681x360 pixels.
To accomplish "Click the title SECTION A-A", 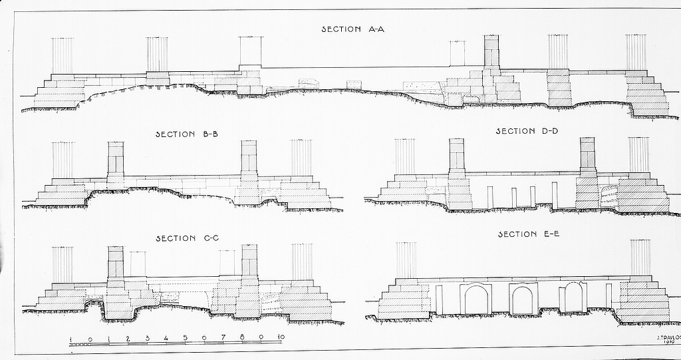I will click(348, 29).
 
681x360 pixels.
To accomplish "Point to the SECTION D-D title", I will click(527, 131).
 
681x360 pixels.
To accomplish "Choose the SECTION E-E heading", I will click(527, 234).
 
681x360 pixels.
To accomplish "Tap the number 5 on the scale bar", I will click(185, 337).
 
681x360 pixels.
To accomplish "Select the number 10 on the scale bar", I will click(281, 337).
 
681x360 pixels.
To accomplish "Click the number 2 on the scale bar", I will click(128, 338).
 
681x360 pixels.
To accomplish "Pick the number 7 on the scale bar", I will click(223, 337).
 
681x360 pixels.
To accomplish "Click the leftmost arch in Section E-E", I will click(476, 299).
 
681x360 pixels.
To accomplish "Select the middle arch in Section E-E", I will click(523, 299).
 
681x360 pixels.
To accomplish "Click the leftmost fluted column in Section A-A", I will click(63, 56).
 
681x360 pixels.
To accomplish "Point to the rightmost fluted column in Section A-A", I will click(636, 53).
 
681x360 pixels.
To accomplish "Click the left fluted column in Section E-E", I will click(406, 260).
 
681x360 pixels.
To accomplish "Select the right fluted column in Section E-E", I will click(640, 258).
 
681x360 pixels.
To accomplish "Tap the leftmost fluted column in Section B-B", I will click(63, 160).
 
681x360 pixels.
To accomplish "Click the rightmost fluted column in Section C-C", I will click(302, 262).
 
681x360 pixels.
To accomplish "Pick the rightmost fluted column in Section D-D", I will click(639, 155).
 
